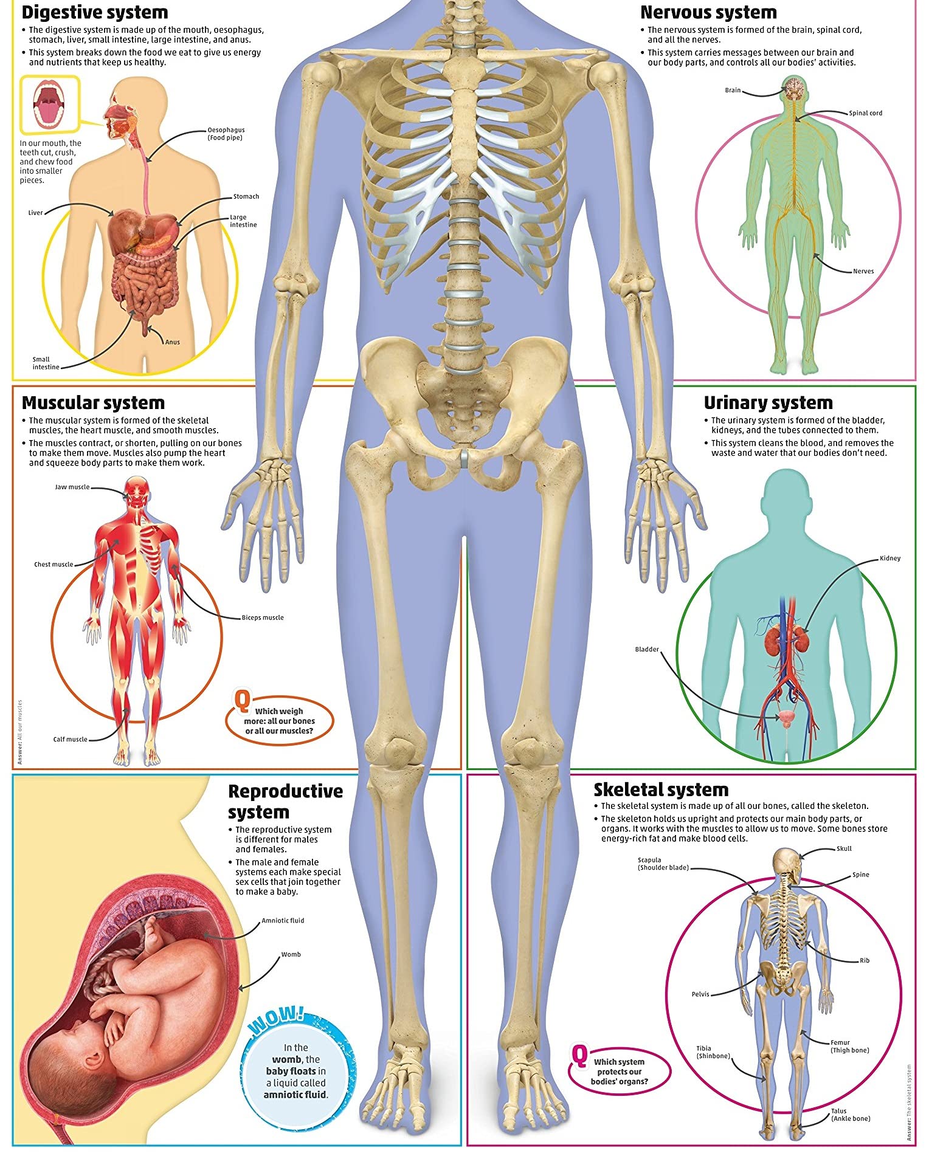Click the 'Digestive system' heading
click(x=95, y=13)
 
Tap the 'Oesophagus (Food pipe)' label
click(x=226, y=134)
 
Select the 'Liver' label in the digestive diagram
click(x=35, y=213)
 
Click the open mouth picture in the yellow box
click(x=50, y=104)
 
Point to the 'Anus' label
click(x=173, y=342)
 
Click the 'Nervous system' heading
click(x=708, y=13)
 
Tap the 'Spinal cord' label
click(x=865, y=113)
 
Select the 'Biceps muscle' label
click(x=263, y=617)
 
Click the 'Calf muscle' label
click(x=70, y=739)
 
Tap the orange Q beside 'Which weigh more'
click(x=241, y=700)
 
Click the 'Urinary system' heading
click(x=768, y=403)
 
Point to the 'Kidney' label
click(x=889, y=558)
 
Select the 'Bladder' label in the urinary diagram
click(x=647, y=649)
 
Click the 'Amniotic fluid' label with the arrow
click(x=283, y=920)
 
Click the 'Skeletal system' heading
click(x=661, y=790)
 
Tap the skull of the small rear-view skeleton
click(x=786, y=861)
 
